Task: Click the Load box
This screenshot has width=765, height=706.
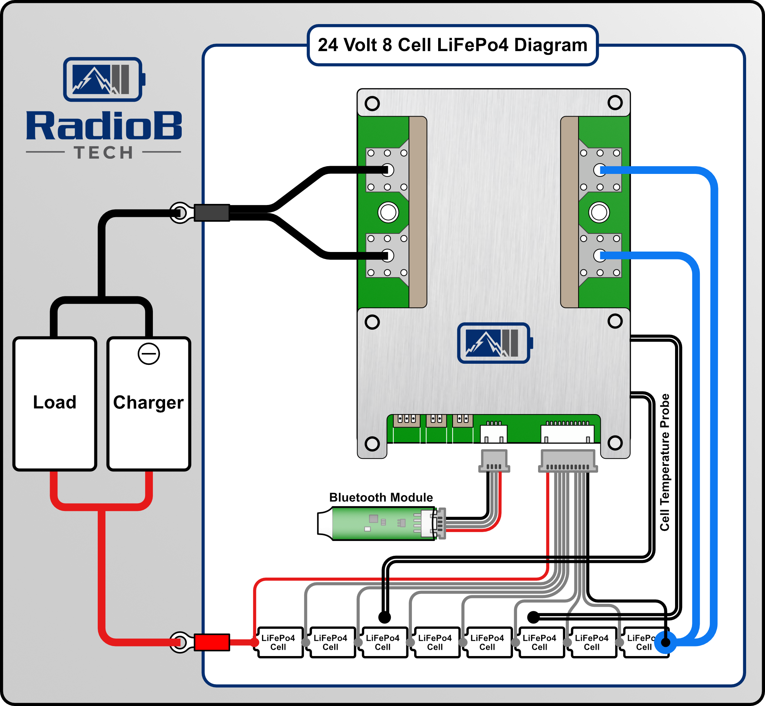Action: click(55, 403)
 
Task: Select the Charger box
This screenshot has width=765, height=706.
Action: click(149, 403)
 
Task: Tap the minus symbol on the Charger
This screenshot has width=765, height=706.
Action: click(149, 354)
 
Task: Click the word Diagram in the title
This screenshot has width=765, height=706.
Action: click(550, 45)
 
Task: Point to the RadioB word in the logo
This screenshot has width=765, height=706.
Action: click(104, 126)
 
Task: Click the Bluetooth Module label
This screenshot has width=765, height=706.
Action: click(381, 497)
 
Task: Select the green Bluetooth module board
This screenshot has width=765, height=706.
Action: click(382, 523)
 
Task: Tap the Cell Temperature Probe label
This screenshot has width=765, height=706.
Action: click(665, 462)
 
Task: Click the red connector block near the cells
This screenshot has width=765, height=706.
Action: click(212, 642)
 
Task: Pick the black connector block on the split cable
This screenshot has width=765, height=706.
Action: click(212, 213)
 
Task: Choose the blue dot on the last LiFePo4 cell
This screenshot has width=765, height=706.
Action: click(665, 643)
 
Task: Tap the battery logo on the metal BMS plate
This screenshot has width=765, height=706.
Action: click(494, 343)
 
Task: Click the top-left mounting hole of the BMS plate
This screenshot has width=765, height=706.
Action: click(372, 103)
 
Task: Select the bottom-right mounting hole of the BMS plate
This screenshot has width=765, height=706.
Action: click(615, 443)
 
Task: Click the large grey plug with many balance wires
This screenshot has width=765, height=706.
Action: click(568, 461)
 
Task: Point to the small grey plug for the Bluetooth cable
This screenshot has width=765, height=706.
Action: click(494, 461)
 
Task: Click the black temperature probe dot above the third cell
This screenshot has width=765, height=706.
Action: click(385, 617)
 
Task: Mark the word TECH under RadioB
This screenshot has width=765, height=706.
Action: click(104, 153)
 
